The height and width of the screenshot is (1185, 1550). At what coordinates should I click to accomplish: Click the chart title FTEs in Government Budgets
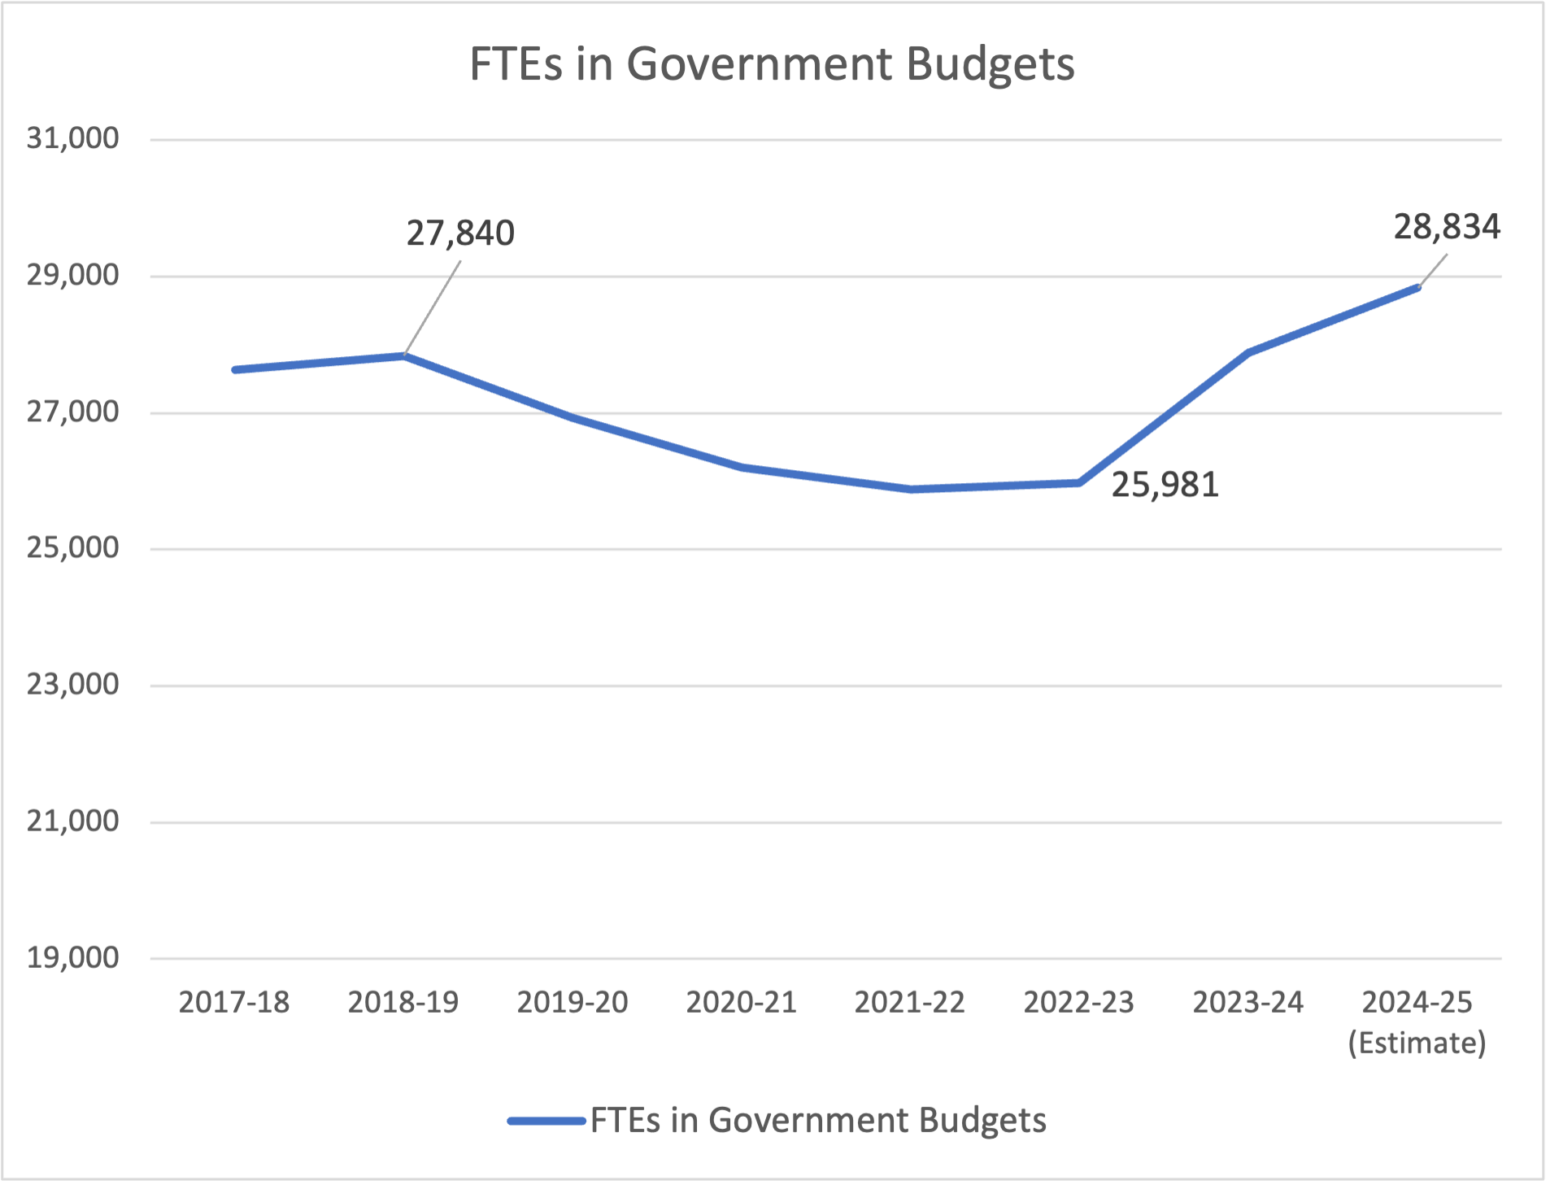coord(772,64)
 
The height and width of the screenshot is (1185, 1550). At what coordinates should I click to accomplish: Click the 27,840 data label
coord(460,233)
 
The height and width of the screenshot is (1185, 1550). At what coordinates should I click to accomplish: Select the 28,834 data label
coord(1446,227)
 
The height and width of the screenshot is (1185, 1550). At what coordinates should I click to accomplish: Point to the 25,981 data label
coord(1165,485)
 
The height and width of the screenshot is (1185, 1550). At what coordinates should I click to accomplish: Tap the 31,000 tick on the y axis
coord(72,138)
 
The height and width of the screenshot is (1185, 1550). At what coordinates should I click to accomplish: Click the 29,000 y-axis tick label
coord(72,276)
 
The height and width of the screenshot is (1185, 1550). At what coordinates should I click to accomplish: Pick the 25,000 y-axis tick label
coord(72,548)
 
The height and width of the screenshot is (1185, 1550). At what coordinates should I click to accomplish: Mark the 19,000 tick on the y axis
coord(72,957)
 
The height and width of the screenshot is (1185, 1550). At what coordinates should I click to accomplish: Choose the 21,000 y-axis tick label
coord(72,821)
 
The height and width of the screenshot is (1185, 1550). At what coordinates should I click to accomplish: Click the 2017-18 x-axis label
coord(234,1002)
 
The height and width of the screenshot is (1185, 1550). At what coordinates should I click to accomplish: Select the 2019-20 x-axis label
coord(573,1002)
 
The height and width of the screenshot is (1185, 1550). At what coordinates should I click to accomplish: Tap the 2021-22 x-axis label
coord(909,1002)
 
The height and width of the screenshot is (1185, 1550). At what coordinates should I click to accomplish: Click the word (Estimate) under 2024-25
coord(1417,1043)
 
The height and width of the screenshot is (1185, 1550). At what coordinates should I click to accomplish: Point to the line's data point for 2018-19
coord(404,355)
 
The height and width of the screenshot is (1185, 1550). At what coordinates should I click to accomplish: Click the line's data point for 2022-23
coord(1079,483)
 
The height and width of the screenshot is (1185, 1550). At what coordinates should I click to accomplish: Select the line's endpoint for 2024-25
coord(1417,287)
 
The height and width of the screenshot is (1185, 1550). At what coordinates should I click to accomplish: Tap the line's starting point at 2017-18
coord(235,370)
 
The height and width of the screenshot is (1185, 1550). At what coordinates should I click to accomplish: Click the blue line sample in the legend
coord(546,1121)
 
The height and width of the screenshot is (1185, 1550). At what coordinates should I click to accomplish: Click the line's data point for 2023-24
coord(1248,352)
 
